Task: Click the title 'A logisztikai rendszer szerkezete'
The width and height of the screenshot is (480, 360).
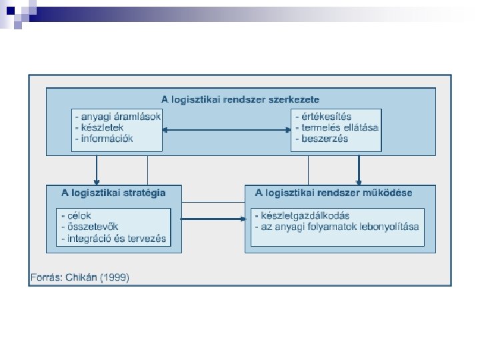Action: tap(241, 99)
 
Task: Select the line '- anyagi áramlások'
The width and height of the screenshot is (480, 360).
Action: tap(117, 116)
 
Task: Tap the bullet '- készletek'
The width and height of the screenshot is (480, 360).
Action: tap(99, 127)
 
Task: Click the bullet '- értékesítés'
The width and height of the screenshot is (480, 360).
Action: tap(323, 116)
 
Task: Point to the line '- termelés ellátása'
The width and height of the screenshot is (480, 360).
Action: tap(337, 127)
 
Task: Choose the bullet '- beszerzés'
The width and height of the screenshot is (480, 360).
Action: tap(321, 139)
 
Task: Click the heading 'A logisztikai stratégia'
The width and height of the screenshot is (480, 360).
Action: tap(113, 193)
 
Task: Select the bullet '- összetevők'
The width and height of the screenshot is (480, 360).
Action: tap(89, 227)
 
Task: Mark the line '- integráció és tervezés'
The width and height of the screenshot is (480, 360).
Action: tap(113, 238)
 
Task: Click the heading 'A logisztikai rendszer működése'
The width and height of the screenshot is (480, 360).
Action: tap(333, 193)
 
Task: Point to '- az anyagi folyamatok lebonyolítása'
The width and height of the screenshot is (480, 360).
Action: tap(337, 227)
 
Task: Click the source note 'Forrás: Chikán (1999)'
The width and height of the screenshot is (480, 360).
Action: tap(80, 277)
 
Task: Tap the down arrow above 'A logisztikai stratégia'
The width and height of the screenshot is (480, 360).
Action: tap(97, 169)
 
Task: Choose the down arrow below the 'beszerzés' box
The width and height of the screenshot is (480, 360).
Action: tap(359, 169)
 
